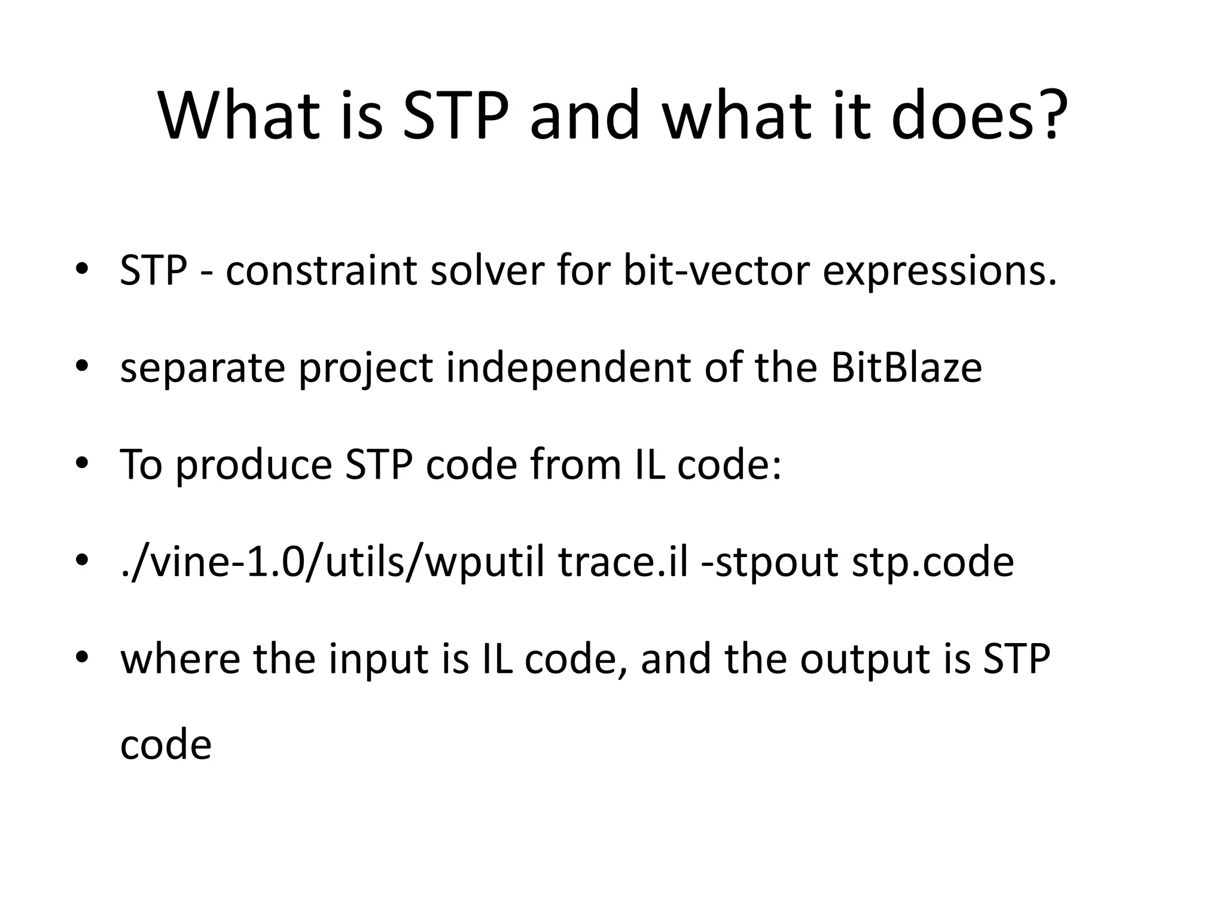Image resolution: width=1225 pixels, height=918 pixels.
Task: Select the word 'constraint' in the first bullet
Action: click(x=321, y=270)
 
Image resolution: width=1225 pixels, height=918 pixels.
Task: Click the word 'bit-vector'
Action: click(x=715, y=270)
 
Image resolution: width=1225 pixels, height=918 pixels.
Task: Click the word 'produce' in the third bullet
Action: click(x=254, y=466)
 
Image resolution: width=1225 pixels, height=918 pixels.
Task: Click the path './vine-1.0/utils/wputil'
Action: click(x=332, y=563)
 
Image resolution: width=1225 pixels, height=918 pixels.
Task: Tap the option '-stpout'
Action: click(x=769, y=564)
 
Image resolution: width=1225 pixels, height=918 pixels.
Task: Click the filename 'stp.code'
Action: click(x=933, y=564)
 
